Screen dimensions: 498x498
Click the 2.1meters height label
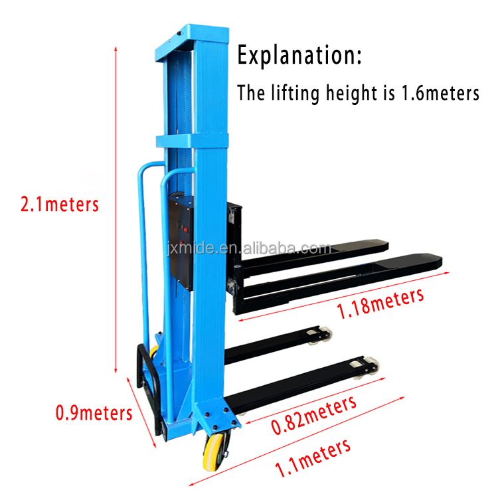click(x=60, y=204)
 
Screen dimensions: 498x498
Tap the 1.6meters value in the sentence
click(x=440, y=93)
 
